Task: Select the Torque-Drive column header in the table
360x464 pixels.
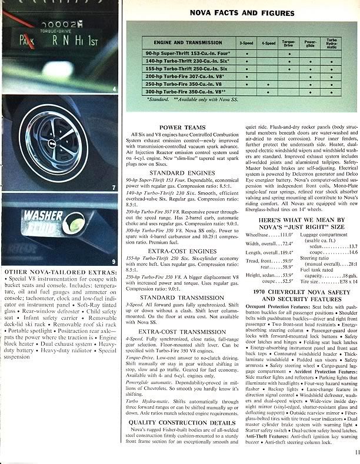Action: (288, 42)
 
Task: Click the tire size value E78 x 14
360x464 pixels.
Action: (347, 281)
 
